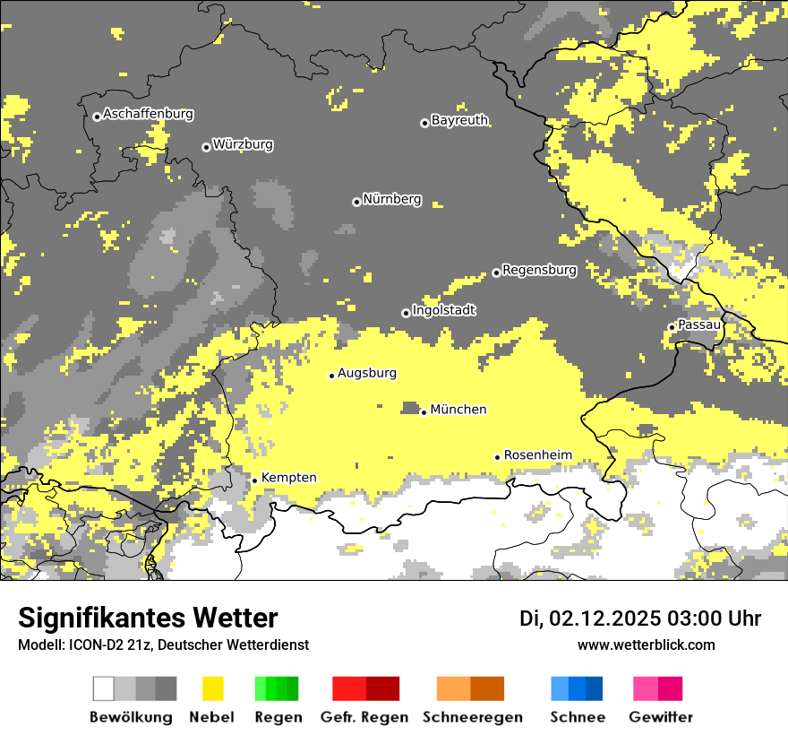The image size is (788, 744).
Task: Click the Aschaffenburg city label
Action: point(148,115)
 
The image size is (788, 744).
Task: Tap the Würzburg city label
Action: point(243,145)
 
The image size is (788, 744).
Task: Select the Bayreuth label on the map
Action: point(459,120)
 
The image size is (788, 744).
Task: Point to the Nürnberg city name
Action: point(391,200)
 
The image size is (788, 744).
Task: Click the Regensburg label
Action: point(539,270)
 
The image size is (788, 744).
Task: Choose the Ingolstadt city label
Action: point(443,311)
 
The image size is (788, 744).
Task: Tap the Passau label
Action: point(699,324)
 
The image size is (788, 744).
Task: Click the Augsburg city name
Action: point(367,374)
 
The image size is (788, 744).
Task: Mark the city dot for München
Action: point(424,412)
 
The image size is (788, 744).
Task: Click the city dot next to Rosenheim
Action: point(497,457)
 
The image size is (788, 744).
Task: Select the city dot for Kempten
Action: point(254,480)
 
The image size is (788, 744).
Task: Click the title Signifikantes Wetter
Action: point(148,619)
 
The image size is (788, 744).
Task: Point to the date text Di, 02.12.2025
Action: point(590,619)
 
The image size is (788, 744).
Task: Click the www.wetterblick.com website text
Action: point(646,645)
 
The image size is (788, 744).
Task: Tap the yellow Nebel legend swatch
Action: point(212,688)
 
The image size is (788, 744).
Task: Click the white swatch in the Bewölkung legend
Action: point(104,688)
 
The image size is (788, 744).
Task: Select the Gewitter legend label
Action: point(660,717)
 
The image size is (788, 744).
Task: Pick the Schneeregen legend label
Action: point(472,717)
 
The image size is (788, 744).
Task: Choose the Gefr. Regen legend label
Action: point(364,717)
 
